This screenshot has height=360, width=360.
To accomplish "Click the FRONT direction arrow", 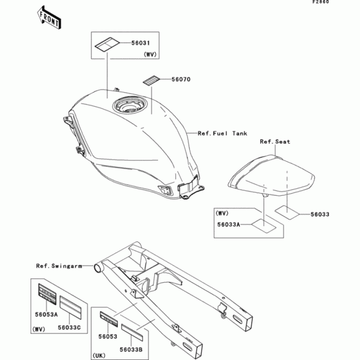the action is [x=49, y=18].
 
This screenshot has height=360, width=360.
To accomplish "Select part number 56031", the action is [x=140, y=43].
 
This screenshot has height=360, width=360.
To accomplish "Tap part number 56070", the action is [x=181, y=80].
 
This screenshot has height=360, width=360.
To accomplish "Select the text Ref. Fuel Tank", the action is [x=222, y=133].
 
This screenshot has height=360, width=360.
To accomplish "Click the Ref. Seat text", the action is [x=275, y=142].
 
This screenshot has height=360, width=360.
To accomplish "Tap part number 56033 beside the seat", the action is [x=320, y=215].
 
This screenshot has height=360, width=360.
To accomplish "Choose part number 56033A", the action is [x=229, y=225].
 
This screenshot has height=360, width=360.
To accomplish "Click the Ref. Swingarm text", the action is [x=59, y=266].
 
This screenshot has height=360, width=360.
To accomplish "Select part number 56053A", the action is [x=46, y=315].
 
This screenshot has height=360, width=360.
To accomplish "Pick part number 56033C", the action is [x=69, y=328].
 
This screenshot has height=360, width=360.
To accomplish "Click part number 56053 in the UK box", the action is [x=108, y=337].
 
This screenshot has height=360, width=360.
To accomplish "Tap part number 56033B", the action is [x=131, y=350].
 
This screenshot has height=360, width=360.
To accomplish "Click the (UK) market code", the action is [x=99, y=355].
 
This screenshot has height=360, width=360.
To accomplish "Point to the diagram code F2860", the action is [x=321, y=2].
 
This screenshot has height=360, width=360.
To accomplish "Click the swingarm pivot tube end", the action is [x=97, y=268].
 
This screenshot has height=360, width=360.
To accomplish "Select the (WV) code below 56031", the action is [x=150, y=54].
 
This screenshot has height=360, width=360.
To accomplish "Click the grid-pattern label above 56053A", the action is [x=47, y=294].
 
